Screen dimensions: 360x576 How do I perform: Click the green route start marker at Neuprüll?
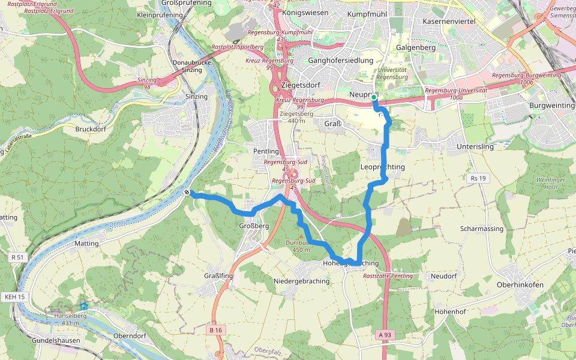click(x=373, y=97)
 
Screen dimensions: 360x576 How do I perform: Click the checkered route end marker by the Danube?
click(x=188, y=193)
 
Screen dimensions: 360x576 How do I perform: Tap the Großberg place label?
click(x=253, y=226)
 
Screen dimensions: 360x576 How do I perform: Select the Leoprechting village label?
click(x=383, y=167)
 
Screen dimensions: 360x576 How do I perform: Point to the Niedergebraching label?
click(x=301, y=281)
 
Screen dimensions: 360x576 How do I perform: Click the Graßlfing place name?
click(x=218, y=276)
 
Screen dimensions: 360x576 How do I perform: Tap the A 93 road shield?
click(x=385, y=334)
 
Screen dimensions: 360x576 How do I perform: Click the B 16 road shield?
click(x=216, y=330)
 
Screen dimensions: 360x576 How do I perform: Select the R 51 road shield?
click(x=17, y=257)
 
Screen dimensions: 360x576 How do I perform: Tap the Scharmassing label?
click(x=482, y=229)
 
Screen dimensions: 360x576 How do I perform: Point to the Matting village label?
click(x=86, y=244)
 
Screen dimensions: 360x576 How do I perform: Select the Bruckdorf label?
click(x=91, y=129)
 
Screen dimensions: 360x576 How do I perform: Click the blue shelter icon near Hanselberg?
click(x=84, y=307)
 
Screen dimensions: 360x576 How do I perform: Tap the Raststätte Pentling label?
click(x=388, y=275)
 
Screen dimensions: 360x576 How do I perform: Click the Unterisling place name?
click(x=475, y=146)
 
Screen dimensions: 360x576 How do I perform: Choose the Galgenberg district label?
click(x=416, y=47)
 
